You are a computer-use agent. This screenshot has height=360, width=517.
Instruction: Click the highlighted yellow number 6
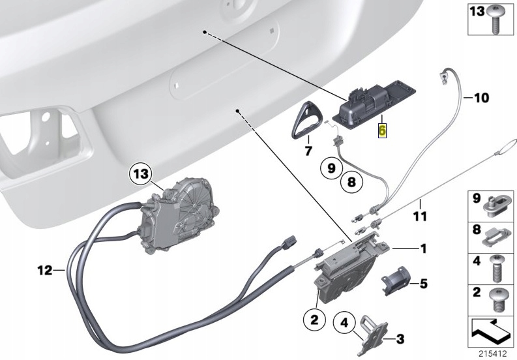tap(383, 130)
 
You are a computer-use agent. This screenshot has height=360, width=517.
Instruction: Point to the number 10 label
tap(480, 98)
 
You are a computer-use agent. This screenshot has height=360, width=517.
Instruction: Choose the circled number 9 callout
tap(331, 168)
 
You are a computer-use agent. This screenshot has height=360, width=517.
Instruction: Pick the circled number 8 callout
tap(351, 183)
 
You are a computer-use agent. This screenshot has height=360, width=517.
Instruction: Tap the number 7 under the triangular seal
tap(309, 151)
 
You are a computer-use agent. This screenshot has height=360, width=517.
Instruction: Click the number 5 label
tap(423, 284)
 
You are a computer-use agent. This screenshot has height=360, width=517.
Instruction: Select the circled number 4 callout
tap(344, 322)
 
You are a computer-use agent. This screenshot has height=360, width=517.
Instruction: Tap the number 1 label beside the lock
tap(422, 248)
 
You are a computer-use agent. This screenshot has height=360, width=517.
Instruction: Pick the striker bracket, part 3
tap(370, 331)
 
